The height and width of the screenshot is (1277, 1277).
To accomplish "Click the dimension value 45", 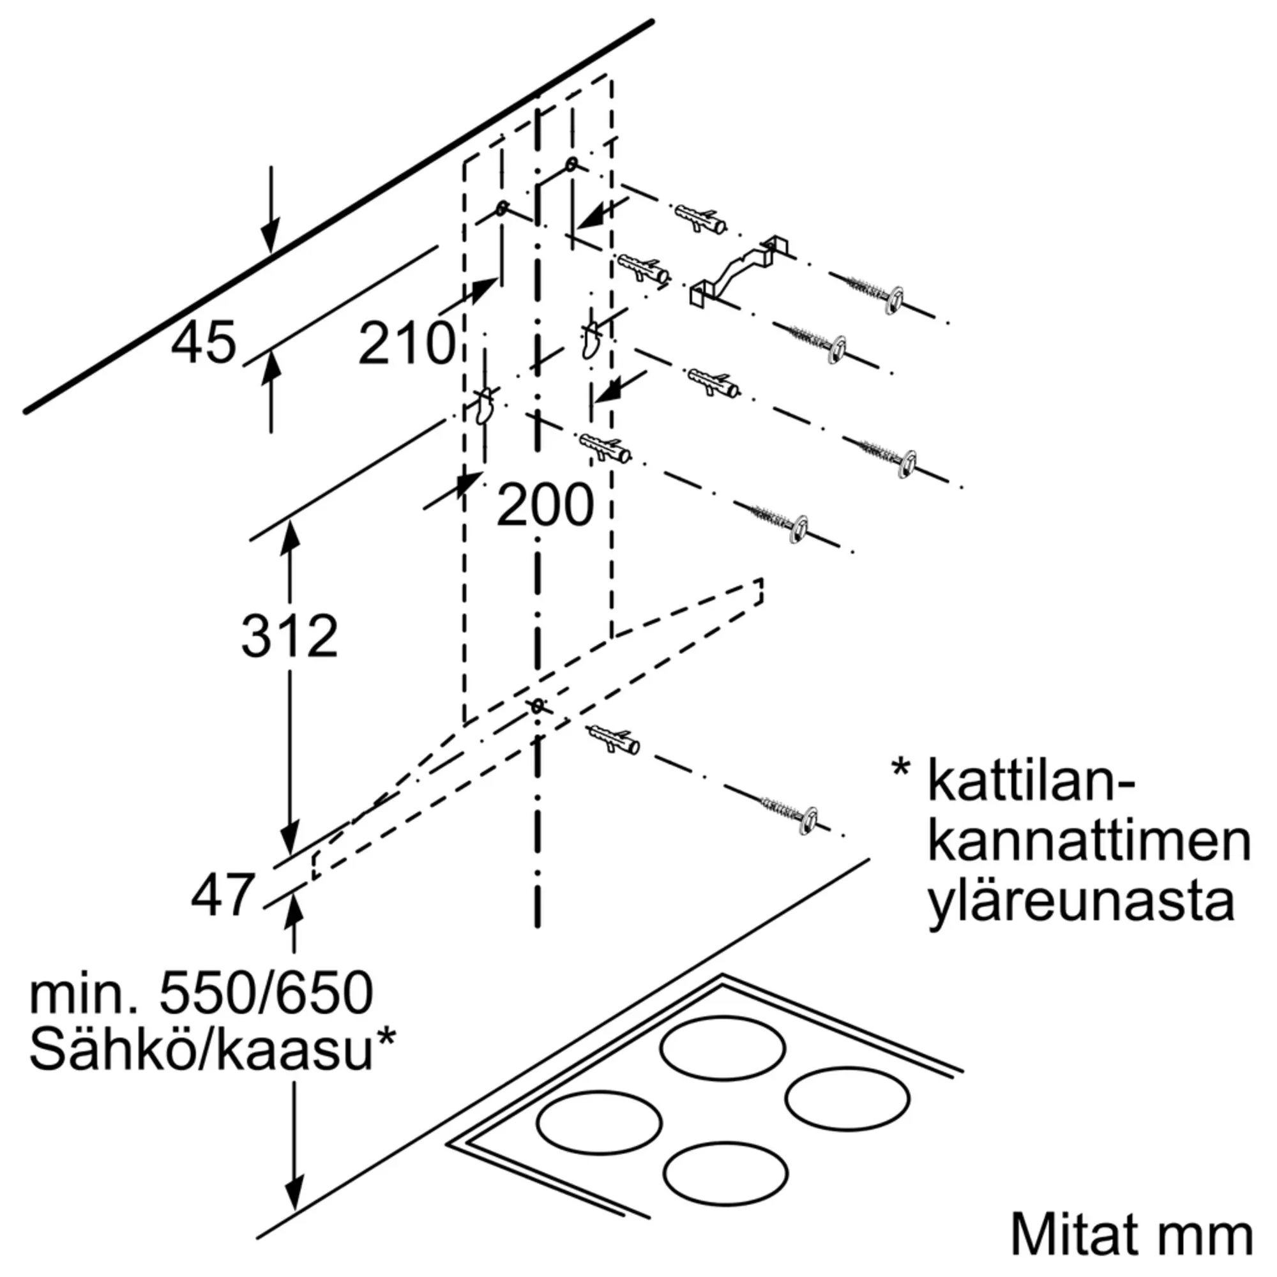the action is click(x=204, y=343).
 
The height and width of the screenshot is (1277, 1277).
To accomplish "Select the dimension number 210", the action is click(x=407, y=343).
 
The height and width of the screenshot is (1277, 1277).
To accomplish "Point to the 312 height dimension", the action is click(x=289, y=636).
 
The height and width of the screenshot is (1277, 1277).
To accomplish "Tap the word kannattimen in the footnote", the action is click(x=1089, y=841).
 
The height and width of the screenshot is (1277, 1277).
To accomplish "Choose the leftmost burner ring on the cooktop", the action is click(x=600, y=1121).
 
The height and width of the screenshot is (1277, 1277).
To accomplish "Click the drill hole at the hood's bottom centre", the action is click(x=538, y=706).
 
